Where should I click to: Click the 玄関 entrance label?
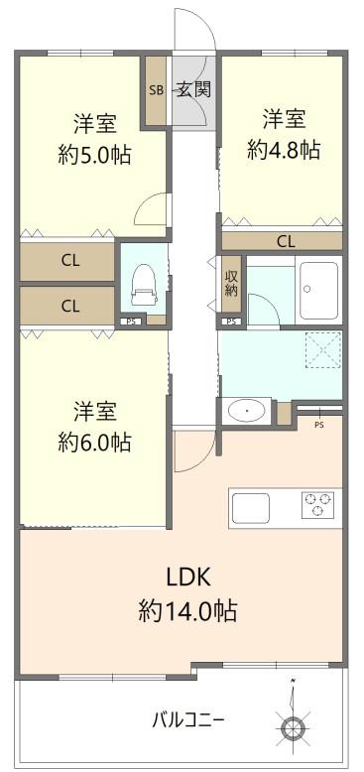click(x=194, y=89)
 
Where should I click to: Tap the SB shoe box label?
click(x=157, y=90)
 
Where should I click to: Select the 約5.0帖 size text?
click(x=94, y=155)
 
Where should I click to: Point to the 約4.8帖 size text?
click(x=283, y=150)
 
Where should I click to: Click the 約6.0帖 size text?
click(x=94, y=441)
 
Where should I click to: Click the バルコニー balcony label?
click(x=187, y=718)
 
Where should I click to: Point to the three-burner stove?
click(x=318, y=505)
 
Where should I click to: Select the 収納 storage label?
click(x=231, y=283)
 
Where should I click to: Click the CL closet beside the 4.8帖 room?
click(x=285, y=240)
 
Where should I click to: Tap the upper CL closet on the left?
click(x=69, y=261)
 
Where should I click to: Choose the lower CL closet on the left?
click(x=69, y=306)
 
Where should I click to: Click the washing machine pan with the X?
click(x=321, y=349)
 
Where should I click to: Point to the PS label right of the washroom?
click(x=318, y=425)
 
